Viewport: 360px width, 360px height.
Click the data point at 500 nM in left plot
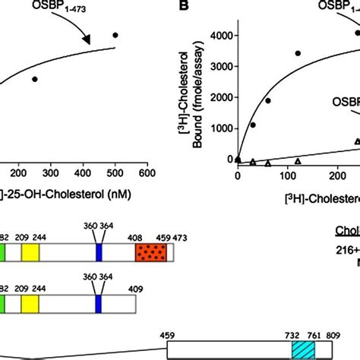coord(115,35)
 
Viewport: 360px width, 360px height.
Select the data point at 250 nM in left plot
coord(35,79)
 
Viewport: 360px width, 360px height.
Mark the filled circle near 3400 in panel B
coord(298,53)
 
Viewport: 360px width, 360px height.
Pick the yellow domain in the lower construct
coord(30,304)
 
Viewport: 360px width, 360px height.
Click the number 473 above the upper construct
coord(179,236)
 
